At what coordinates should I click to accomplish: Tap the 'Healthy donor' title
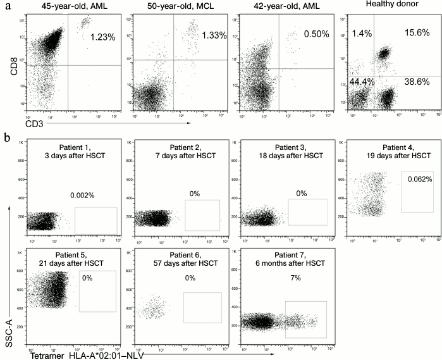[x=405, y=6]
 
